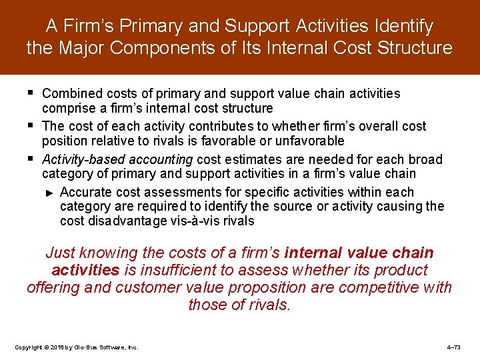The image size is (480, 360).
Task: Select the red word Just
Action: tap(61, 253)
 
